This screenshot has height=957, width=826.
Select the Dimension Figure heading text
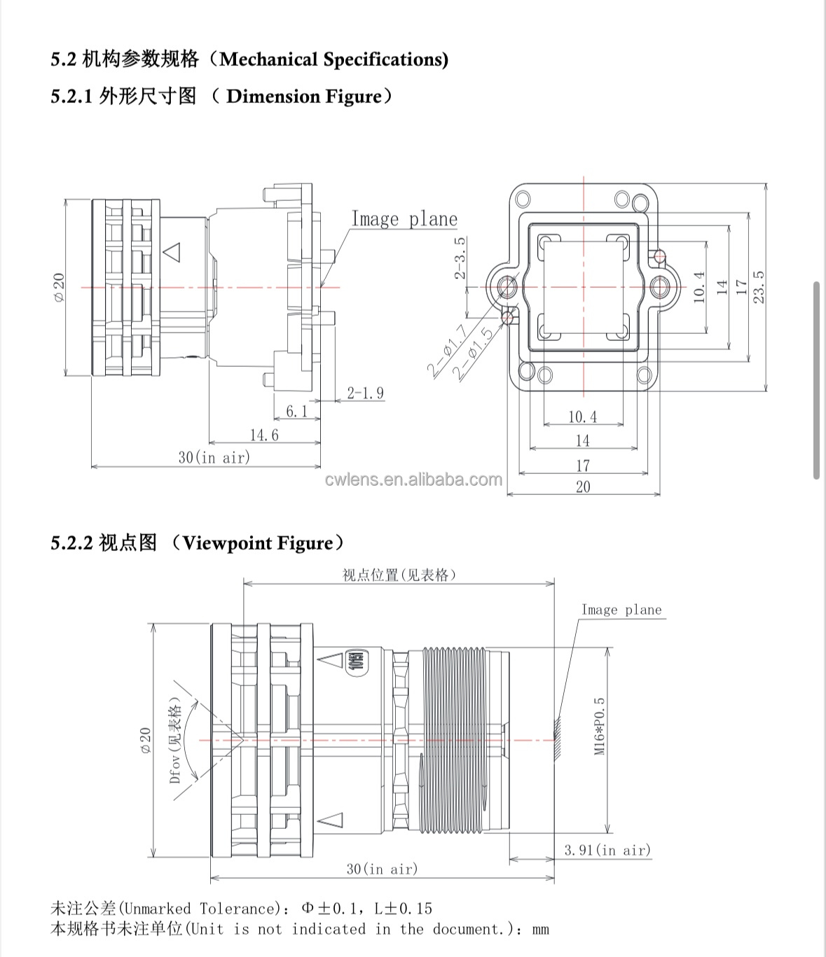(x=305, y=96)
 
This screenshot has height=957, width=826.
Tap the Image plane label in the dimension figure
(x=404, y=219)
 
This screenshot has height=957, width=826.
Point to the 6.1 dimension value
(x=296, y=411)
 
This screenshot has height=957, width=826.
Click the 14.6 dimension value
(x=264, y=435)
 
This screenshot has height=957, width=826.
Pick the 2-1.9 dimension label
(x=366, y=393)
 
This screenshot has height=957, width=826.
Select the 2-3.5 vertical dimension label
(x=460, y=258)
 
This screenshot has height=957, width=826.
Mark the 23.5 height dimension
(x=759, y=287)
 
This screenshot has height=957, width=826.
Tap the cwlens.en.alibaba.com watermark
(x=414, y=480)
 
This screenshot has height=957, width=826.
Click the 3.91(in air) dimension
(x=607, y=850)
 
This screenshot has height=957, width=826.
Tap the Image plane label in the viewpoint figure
(x=621, y=610)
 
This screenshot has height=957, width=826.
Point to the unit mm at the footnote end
(x=540, y=930)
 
